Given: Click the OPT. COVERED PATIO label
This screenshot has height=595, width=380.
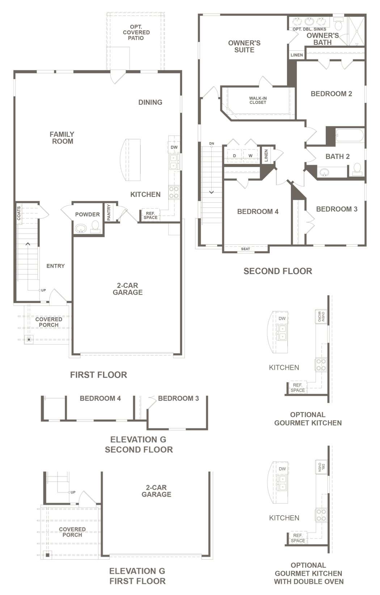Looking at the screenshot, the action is (136, 32).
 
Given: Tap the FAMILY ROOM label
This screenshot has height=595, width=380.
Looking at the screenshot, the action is (62, 138).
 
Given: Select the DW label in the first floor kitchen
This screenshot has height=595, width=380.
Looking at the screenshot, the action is (174, 147).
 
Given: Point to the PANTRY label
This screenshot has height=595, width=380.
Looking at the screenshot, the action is (109, 212).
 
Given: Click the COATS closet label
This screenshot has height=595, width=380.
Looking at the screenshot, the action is (19, 213).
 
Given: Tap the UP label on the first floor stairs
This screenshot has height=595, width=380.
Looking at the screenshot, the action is (43, 290).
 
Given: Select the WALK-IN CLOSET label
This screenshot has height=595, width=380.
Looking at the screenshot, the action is (258, 100).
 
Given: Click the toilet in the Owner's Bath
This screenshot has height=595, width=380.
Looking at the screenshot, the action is (338, 24).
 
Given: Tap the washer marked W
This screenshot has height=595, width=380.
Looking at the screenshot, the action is (250, 156).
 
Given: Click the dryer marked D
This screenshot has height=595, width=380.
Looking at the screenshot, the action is (234, 156).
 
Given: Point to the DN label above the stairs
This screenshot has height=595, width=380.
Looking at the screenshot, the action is (211, 143).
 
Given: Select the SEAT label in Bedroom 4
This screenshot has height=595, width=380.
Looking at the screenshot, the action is (245, 249).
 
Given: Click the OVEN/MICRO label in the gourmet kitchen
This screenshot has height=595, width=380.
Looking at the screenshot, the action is (321, 317).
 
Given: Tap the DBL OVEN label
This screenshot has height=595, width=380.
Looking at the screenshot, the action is (321, 467).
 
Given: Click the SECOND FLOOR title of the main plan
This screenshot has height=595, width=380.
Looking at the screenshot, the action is (278, 271).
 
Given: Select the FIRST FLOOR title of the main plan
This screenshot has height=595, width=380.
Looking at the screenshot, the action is (98, 375).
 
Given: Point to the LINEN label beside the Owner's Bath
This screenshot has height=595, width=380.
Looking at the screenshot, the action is (297, 55).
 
